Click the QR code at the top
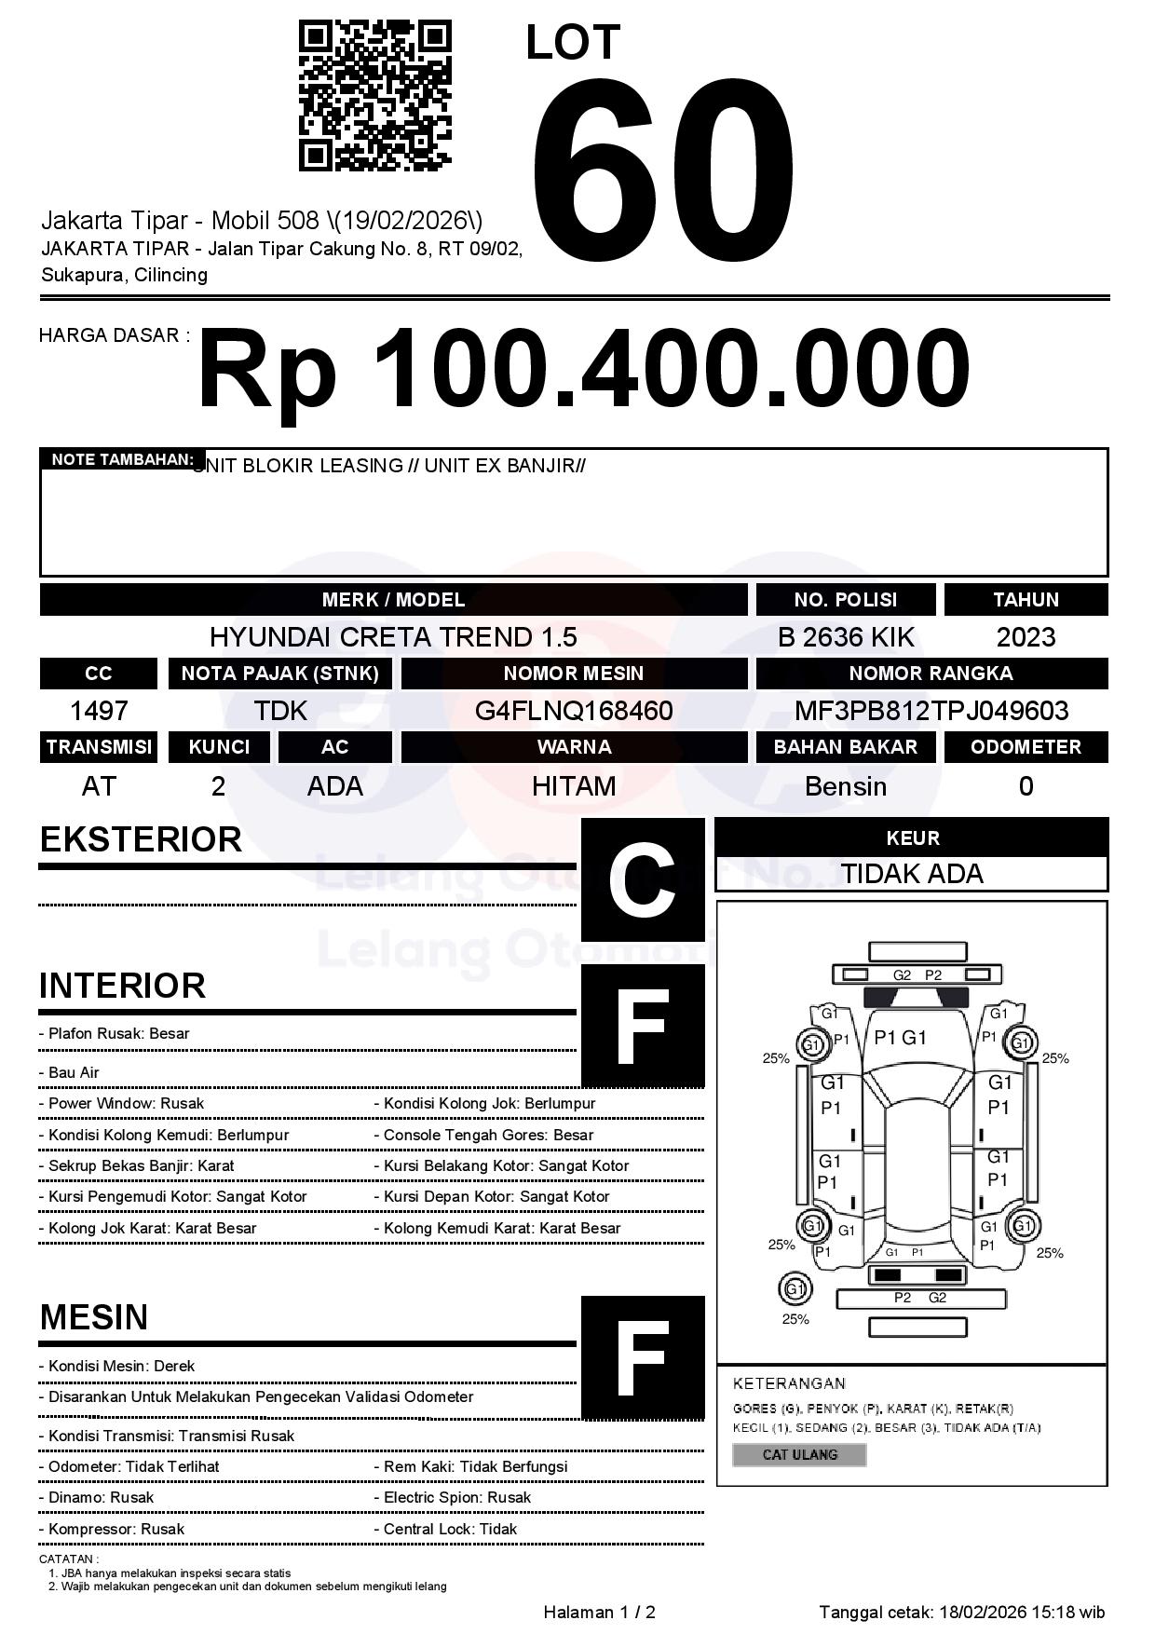(374, 96)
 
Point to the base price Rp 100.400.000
(583, 369)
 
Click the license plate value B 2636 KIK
(846, 637)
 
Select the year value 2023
(1026, 637)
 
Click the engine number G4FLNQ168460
(574, 712)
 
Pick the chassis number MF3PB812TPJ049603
(931, 712)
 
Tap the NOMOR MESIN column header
(574, 674)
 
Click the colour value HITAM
(574, 786)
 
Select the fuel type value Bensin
(846, 786)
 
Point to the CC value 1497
(99, 712)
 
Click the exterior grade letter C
(642, 879)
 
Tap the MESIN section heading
(94, 1317)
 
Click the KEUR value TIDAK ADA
(912, 874)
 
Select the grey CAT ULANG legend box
(799, 1455)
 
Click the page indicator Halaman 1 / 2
(599, 1613)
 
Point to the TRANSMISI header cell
(99, 747)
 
